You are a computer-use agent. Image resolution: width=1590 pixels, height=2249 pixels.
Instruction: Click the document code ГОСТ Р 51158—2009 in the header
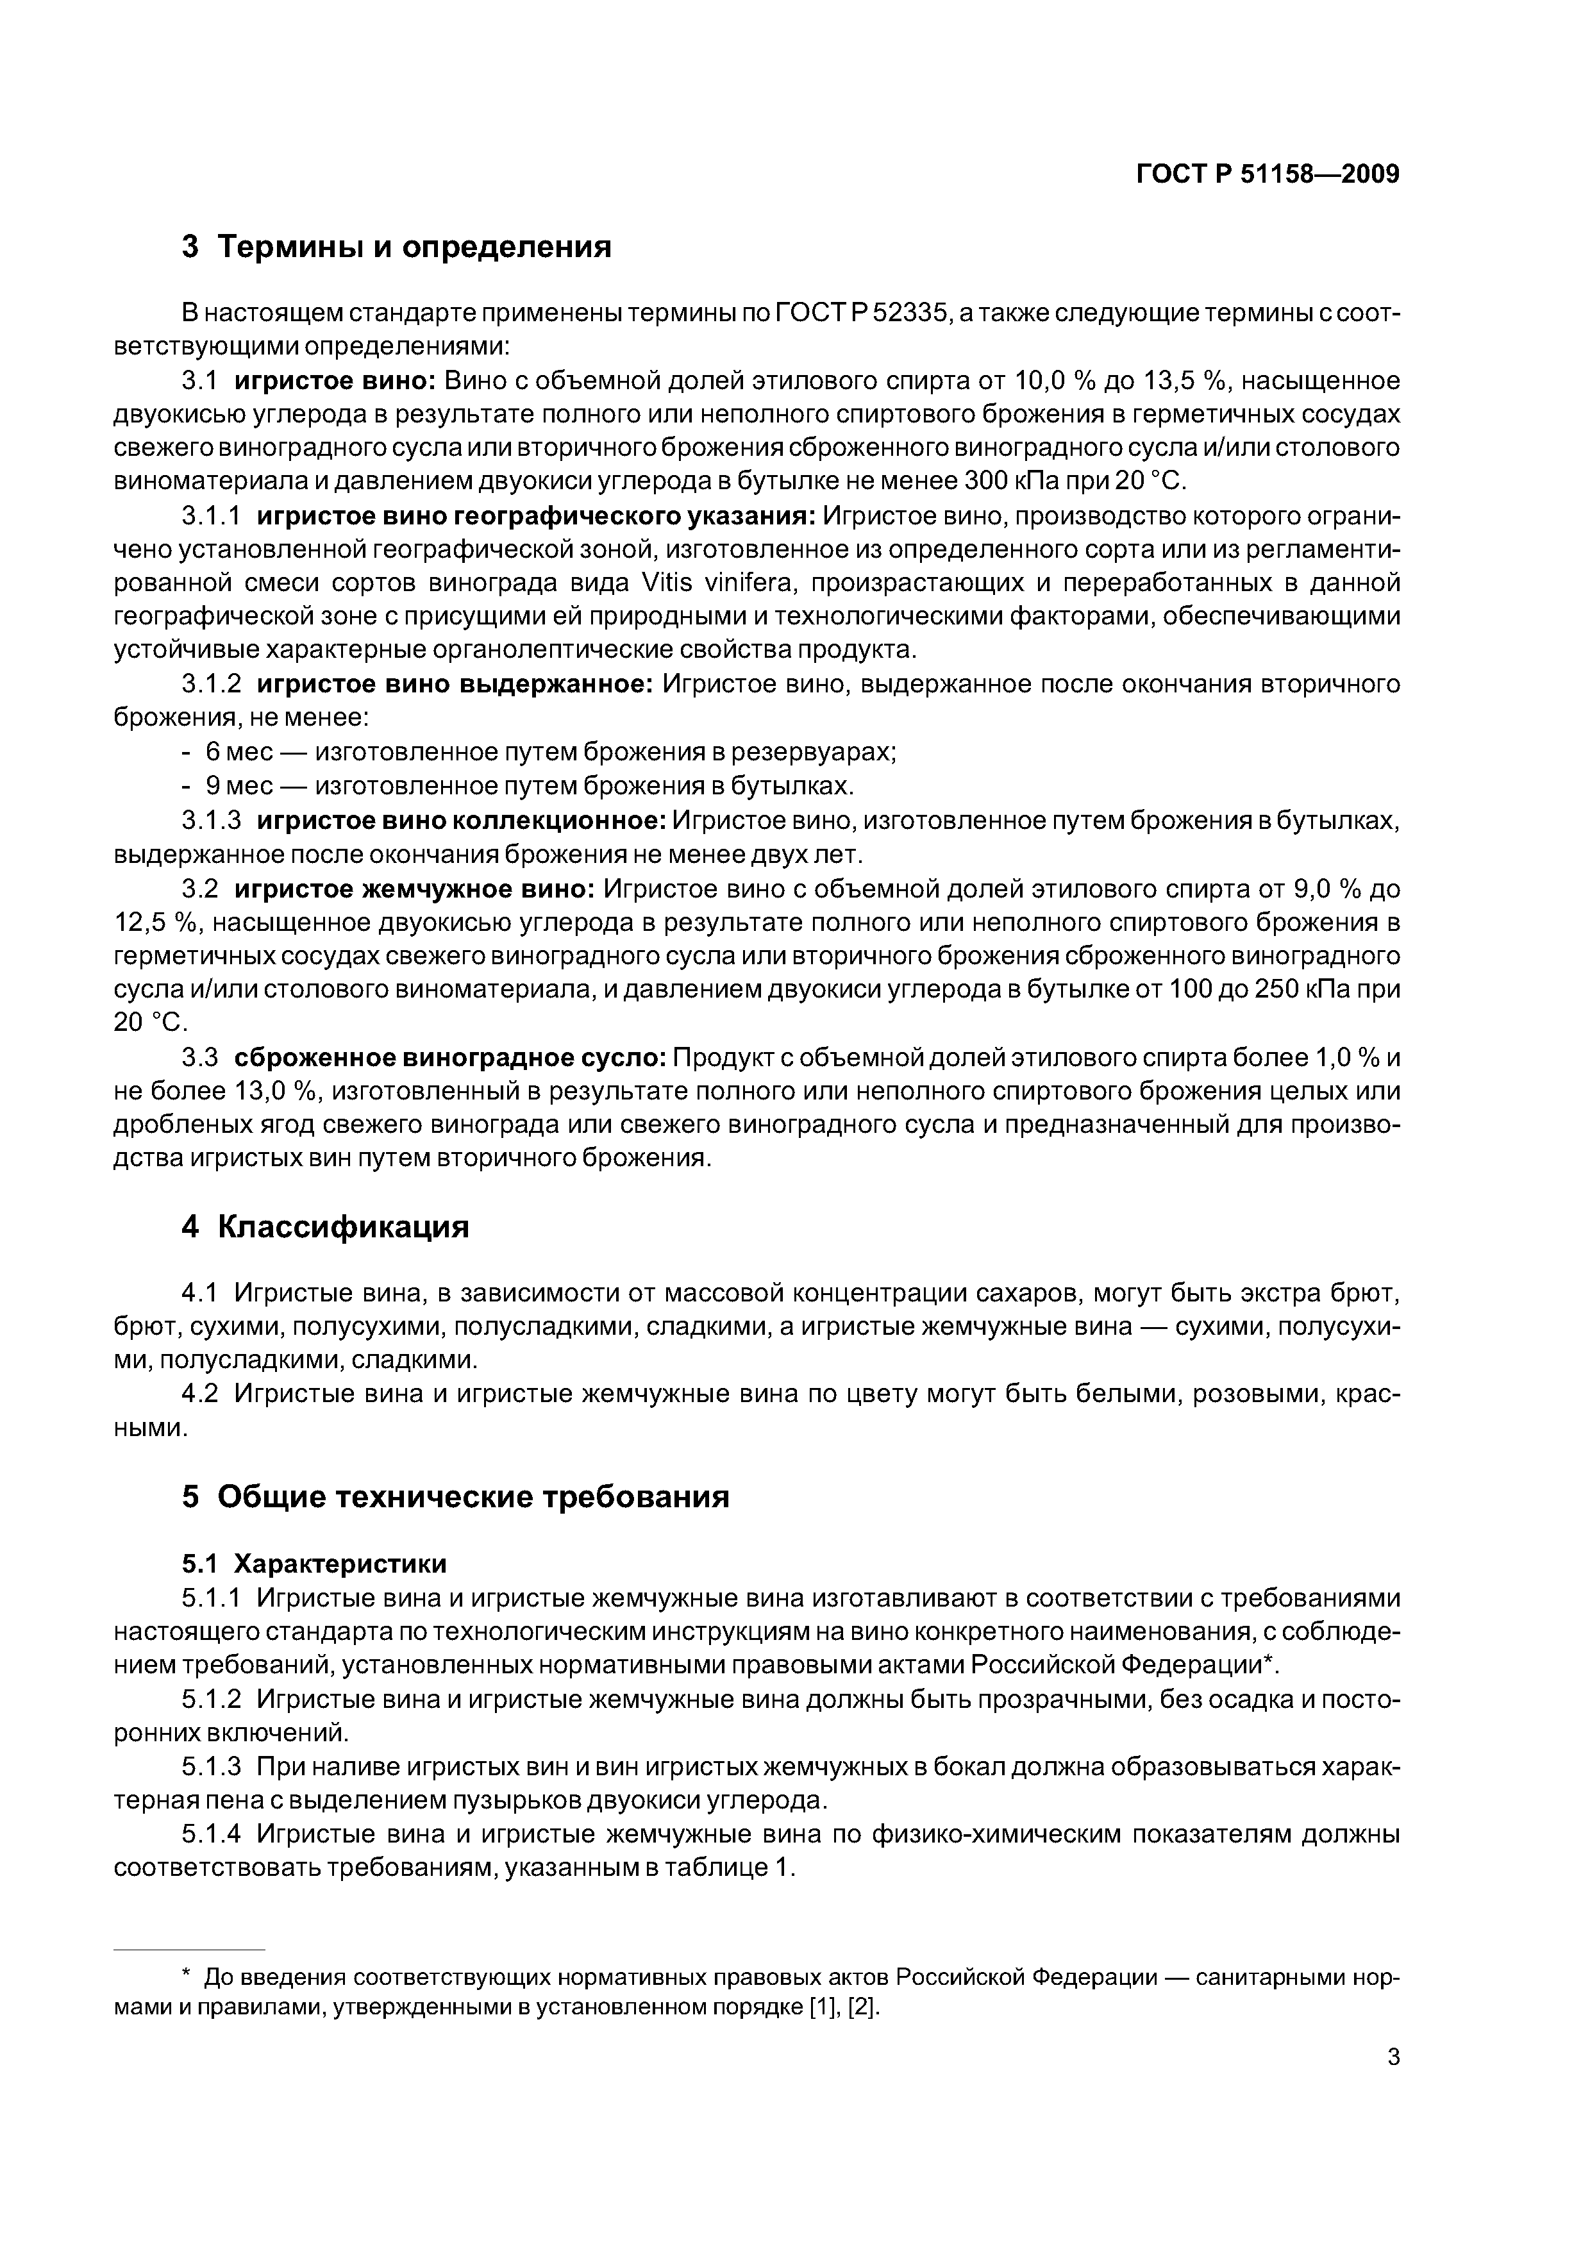(1267, 174)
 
